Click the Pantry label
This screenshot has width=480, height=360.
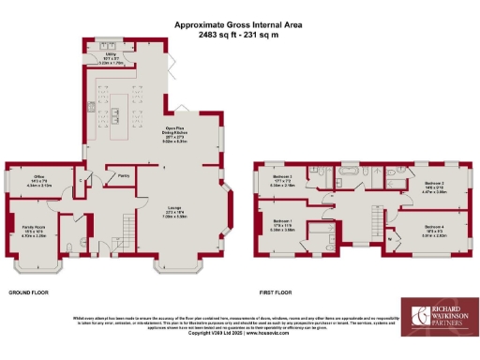point(123,175)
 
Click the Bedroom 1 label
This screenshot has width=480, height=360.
point(282,223)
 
